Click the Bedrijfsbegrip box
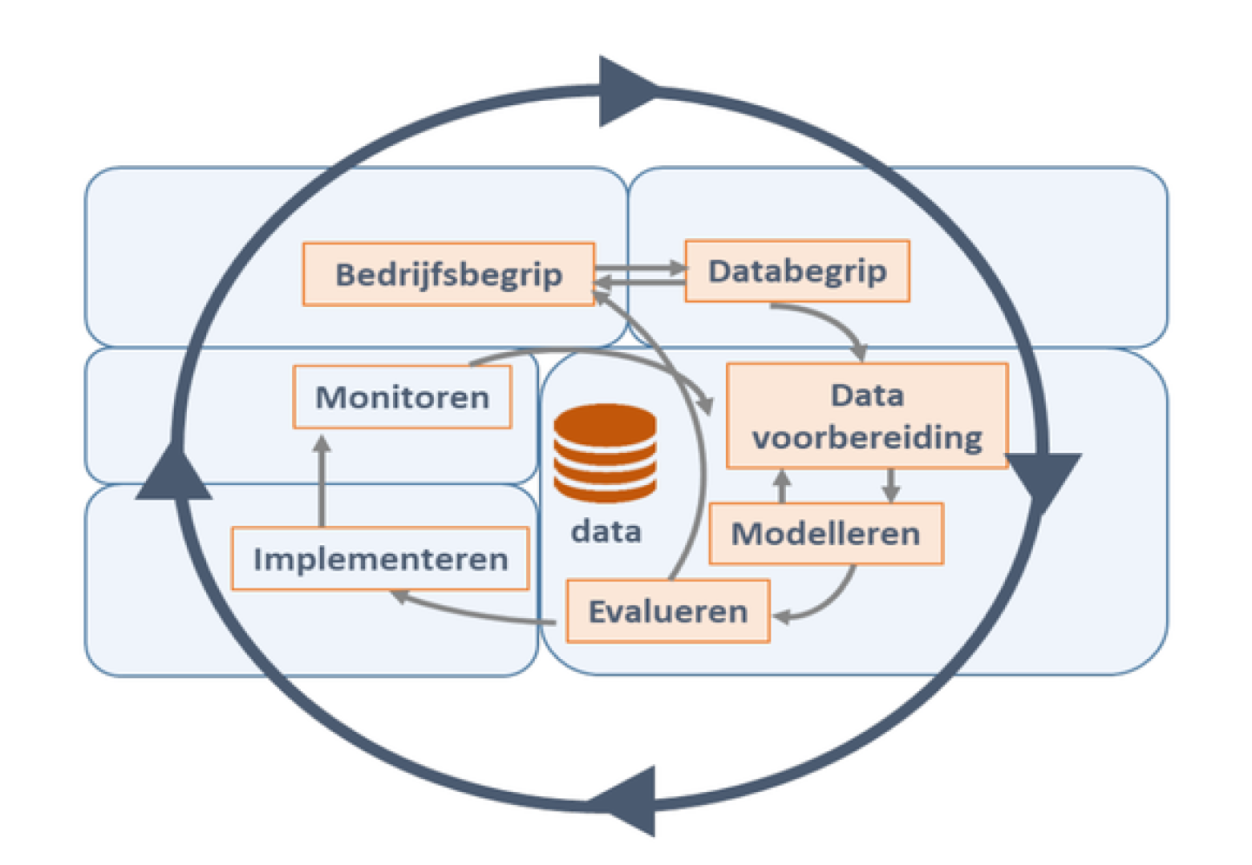click(449, 275)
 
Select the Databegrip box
click(797, 271)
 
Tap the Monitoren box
click(402, 397)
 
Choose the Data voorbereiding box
click(867, 416)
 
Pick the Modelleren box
click(825, 533)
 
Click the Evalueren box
click(668, 611)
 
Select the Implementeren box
click(380, 559)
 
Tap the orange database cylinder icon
click(605, 452)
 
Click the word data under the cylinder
click(606, 531)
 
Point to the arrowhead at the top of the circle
click(624, 90)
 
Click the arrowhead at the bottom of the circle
click(628, 800)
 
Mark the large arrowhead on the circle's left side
click(176, 474)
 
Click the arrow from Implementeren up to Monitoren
click(323, 482)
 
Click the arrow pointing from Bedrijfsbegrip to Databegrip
click(641, 268)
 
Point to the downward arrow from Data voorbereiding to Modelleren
click(890, 485)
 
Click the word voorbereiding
click(867, 436)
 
